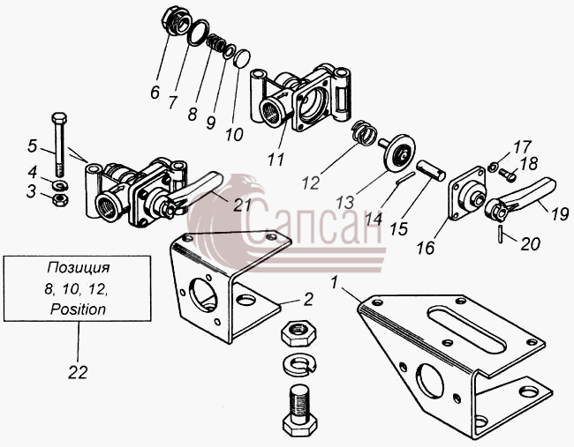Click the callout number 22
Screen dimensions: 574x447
tap(78, 372)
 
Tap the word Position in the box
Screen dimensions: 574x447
tap(78, 309)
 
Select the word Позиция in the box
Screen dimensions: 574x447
tap(78, 267)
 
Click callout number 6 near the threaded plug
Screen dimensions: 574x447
tap(155, 92)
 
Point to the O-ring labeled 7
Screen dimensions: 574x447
tap(198, 33)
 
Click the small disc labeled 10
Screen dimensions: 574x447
tap(242, 58)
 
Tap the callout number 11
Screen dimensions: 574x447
tap(276, 159)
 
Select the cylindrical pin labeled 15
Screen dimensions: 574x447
tap(432, 170)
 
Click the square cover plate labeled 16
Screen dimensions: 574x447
tap(467, 193)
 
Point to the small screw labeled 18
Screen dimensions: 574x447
tap(507, 175)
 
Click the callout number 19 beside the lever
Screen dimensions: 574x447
tap(559, 214)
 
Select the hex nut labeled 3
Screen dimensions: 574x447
tap(57, 200)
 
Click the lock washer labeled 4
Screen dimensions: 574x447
tap(60, 185)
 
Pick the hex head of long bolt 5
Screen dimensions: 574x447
tap(59, 118)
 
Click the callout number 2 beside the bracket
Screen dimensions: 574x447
tap(308, 299)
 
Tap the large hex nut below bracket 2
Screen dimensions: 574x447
tap(299, 332)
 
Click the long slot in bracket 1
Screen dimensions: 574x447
tap(469, 332)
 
